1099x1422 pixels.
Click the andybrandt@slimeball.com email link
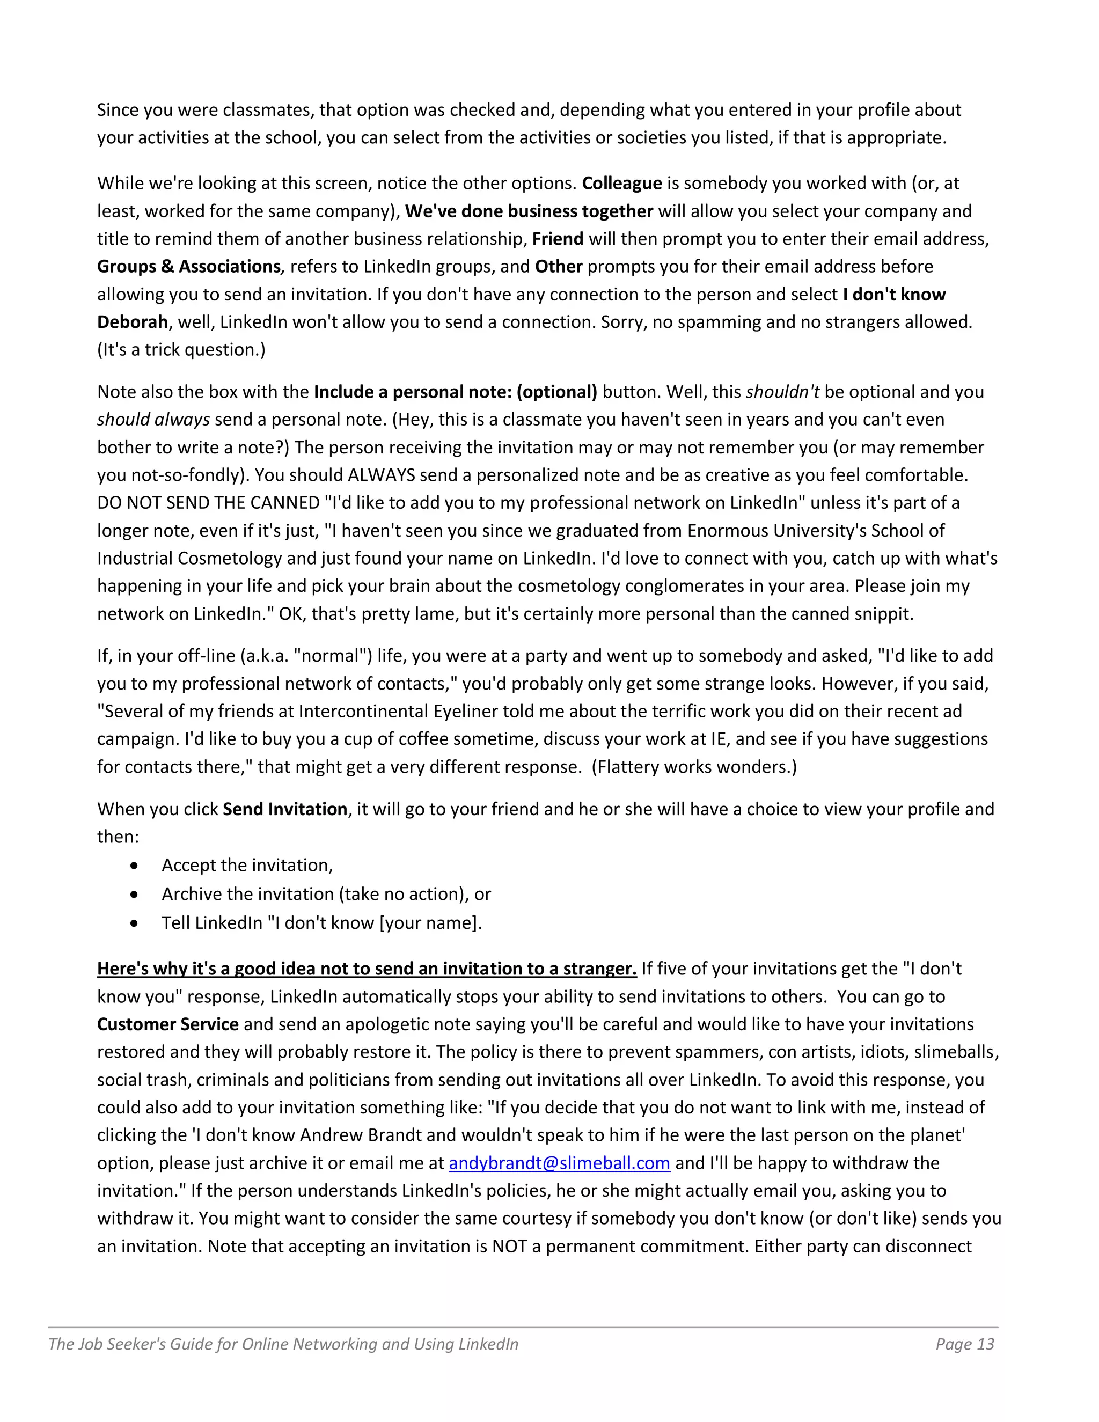pos(559,1163)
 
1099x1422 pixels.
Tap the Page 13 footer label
pos(964,1344)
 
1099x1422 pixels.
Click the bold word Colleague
pos(622,183)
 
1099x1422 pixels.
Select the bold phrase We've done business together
pos(529,211)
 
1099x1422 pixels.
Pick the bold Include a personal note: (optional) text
pos(455,392)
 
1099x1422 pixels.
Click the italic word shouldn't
pos(782,392)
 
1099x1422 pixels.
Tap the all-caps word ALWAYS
pos(382,475)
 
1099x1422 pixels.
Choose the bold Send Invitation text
pos(285,809)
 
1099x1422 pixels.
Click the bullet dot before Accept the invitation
pos(134,866)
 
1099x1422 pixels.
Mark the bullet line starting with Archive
pos(326,894)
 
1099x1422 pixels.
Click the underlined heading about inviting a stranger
pos(367,969)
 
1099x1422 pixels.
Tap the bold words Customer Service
pos(168,1024)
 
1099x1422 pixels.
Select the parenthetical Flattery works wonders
pos(694,766)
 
